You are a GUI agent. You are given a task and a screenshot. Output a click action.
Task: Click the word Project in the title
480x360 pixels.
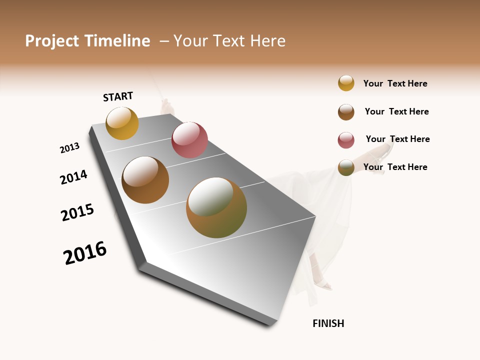click(x=51, y=41)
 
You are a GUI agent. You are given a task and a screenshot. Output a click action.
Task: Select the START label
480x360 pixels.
click(x=118, y=96)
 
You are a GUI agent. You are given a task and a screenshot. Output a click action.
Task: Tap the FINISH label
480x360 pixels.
click(x=328, y=323)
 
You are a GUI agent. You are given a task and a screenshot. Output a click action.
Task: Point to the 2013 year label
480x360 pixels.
click(x=69, y=148)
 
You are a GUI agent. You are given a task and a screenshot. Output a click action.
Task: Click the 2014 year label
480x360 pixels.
click(x=74, y=177)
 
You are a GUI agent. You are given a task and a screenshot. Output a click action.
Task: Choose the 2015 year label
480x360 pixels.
click(x=77, y=212)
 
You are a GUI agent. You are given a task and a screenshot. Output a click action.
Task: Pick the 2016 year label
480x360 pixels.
click(x=85, y=253)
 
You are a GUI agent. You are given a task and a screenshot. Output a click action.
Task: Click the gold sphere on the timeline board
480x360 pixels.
click(x=122, y=123)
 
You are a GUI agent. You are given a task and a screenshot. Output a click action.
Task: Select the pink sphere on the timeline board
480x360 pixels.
click(x=189, y=140)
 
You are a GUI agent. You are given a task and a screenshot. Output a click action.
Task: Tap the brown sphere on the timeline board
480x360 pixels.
click(x=145, y=180)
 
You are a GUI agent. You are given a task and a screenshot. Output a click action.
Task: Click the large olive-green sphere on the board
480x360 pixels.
click(x=216, y=207)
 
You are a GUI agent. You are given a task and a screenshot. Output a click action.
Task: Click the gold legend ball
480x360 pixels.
click(x=346, y=83)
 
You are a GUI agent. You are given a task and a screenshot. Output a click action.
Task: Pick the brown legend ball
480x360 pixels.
click(x=346, y=112)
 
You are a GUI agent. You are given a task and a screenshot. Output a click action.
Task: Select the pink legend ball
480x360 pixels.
click(x=346, y=140)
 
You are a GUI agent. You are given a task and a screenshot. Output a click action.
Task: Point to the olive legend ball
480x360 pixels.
click(x=346, y=167)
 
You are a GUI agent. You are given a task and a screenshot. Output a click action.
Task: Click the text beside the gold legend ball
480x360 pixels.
click(x=395, y=83)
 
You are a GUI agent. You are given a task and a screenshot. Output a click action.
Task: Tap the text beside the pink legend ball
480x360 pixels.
click(x=397, y=139)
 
